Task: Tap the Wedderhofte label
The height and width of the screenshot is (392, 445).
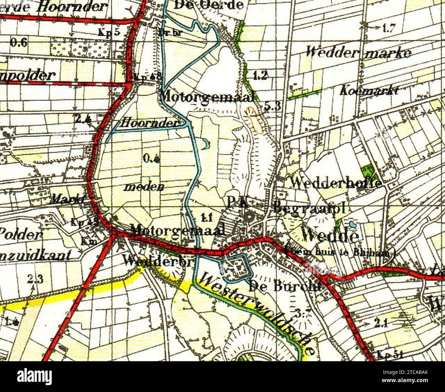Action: [x=335, y=183]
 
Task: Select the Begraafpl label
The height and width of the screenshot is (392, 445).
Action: [x=309, y=207]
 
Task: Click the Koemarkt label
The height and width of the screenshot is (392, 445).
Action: [x=369, y=90]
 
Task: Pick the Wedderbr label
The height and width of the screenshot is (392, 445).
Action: [x=158, y=262]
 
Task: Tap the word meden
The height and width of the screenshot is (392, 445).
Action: [x=144, y=187]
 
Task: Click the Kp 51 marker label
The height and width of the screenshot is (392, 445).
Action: [x=390, y=354]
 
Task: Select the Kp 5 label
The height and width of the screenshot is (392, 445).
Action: [x=109, y=32]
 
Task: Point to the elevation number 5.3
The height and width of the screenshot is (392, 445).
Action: [x=272, y=107]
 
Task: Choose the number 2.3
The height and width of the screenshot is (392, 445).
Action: [x=35, y=279]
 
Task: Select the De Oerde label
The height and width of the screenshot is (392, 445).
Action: [x=209, y=4]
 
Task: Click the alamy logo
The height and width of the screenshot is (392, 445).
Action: [x=34, y=377]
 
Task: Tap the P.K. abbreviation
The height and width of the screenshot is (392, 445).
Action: [x=237, y=202]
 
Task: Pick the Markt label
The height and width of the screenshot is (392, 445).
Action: [x=68, y=200]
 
